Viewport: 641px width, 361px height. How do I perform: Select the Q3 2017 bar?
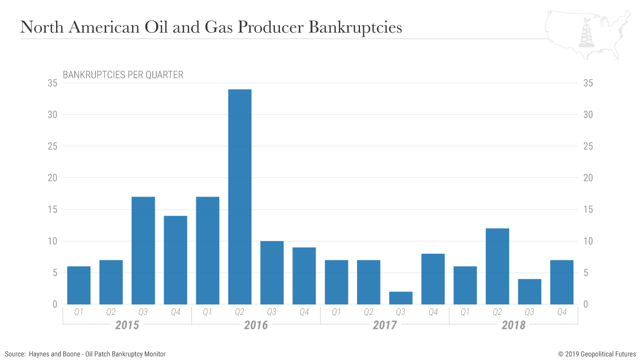point(401,298)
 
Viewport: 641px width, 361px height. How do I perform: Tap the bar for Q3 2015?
point(143,250)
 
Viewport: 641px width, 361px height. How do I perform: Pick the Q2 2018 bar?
point(497,266)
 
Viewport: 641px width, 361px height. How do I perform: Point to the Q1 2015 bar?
point(79,285)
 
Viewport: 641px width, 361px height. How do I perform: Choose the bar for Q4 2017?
point(433,279)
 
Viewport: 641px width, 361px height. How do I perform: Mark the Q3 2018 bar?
point(529,291)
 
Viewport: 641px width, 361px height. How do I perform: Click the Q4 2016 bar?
point(304,276)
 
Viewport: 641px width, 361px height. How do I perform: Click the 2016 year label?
point(256,325)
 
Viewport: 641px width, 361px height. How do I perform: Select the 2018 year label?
point(513,325)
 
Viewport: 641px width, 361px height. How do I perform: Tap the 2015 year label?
point(127,325)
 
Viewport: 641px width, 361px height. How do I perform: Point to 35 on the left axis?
point(53,83)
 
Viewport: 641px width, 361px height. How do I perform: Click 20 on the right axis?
point(588,178)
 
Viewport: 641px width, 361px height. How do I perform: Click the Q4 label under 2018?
point(562,312)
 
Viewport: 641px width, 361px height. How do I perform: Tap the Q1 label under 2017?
point(336,312)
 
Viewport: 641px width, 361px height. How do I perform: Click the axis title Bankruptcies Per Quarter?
point(123,75)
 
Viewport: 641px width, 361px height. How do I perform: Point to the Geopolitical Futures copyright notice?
point(597,354)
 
